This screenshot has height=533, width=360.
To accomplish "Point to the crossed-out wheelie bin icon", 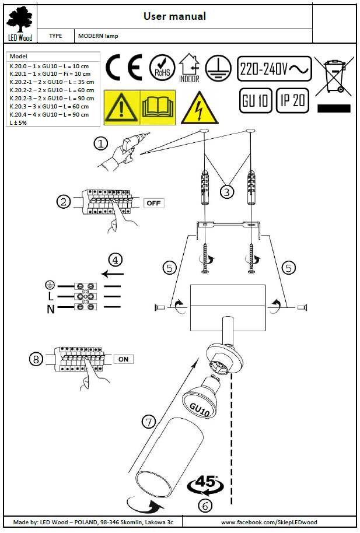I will (334, 74).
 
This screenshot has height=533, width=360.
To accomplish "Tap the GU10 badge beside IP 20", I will (255, 100).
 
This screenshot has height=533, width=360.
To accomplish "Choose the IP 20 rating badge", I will (292, 100).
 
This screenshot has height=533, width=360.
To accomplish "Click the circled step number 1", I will (102, 143).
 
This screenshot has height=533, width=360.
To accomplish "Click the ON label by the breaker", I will (123, 359).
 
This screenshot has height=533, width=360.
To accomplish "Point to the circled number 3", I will (228, 191).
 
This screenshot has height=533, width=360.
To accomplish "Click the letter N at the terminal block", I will (51, 308).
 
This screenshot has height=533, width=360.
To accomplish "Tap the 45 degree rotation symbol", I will (205, 483).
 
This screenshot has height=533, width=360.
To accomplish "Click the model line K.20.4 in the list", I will (50, 114).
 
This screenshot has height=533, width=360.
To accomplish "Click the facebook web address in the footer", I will (270, 522).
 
